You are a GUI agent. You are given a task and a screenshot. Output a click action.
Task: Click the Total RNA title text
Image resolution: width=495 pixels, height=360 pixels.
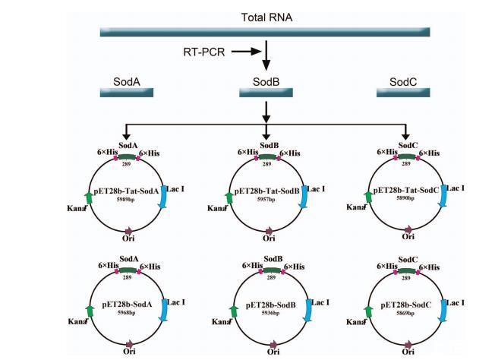[x=266, y=17]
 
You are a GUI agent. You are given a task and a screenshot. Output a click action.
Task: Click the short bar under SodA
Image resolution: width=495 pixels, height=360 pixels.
[x=128, y=93]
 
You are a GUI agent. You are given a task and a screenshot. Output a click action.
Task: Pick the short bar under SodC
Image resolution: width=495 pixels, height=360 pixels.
[x=404, y=93]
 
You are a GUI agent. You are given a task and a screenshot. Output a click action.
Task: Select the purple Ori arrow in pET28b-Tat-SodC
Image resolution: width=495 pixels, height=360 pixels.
[x=405, y=230]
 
